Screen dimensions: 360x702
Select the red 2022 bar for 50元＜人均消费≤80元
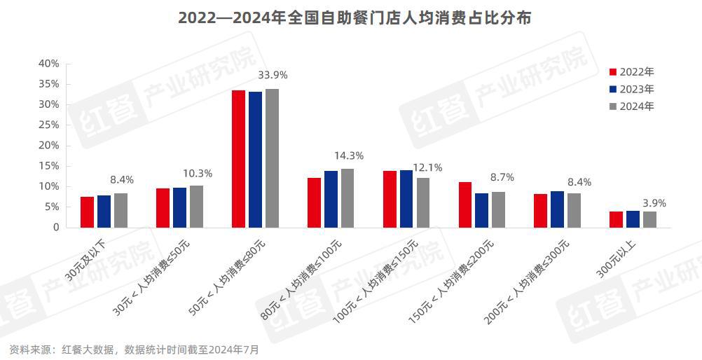[238, 159]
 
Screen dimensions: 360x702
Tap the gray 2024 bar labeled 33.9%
[272, 158]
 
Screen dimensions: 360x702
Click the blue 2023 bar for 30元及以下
[104, 212]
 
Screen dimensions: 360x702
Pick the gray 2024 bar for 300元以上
[649, 219]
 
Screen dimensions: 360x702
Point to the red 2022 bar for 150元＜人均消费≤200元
[465, 205]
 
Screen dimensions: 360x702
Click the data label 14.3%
[350, 156]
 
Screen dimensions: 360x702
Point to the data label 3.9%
[654, 204]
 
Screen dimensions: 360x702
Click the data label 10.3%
[198, 173]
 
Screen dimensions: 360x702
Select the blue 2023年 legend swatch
[613, 90]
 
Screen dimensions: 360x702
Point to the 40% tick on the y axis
[48, 64]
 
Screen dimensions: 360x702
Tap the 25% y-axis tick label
[48, 125]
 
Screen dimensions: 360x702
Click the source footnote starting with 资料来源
[134, 349]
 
